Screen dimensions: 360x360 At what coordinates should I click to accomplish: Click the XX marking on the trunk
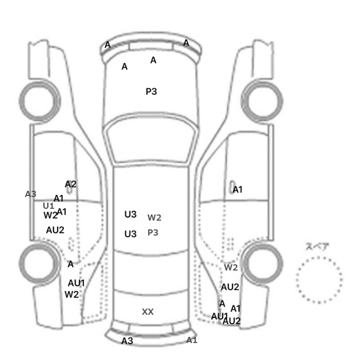[x=148, y=312]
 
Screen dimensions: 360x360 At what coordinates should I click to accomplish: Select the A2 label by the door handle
[x=70, y=184]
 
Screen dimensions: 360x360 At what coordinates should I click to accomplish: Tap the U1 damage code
[x=48, y=206]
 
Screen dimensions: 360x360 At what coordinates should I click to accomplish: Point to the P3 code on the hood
[x=151, y=92]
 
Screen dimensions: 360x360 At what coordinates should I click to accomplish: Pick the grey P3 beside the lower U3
[x=153, y=232]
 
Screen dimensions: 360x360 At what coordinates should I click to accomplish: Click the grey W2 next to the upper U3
[x=154, y=218]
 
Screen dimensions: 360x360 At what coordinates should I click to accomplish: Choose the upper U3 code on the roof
[x=131, y=214]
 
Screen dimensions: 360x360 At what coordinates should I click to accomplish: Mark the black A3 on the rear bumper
[x=127, y=341]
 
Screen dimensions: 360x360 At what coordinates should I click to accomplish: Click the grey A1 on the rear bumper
[x=192, y=340]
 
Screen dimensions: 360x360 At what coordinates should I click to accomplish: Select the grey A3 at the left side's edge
[x=30, y=194]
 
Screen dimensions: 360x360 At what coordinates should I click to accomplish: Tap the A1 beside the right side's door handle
[x=238, y=190]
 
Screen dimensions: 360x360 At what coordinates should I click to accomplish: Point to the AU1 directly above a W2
[x=76, y=283]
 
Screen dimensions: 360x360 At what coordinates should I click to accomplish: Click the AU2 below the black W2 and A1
[x=55, y=230]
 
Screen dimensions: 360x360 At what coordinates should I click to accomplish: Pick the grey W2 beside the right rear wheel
[x=231, y=267]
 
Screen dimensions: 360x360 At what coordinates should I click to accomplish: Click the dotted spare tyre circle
[x=319, y=257]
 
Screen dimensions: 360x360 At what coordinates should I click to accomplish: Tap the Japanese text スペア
[x=314, y=246]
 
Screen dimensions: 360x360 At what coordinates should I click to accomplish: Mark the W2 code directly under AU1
[x=71, y=295]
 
